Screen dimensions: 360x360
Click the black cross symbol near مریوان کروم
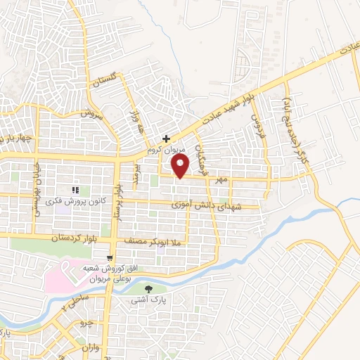tap(166, 139)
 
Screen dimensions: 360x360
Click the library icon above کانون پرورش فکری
tap(75, 189)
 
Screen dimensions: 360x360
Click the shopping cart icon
tap(112, 256)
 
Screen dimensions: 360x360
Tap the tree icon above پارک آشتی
tap(148, 289)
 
